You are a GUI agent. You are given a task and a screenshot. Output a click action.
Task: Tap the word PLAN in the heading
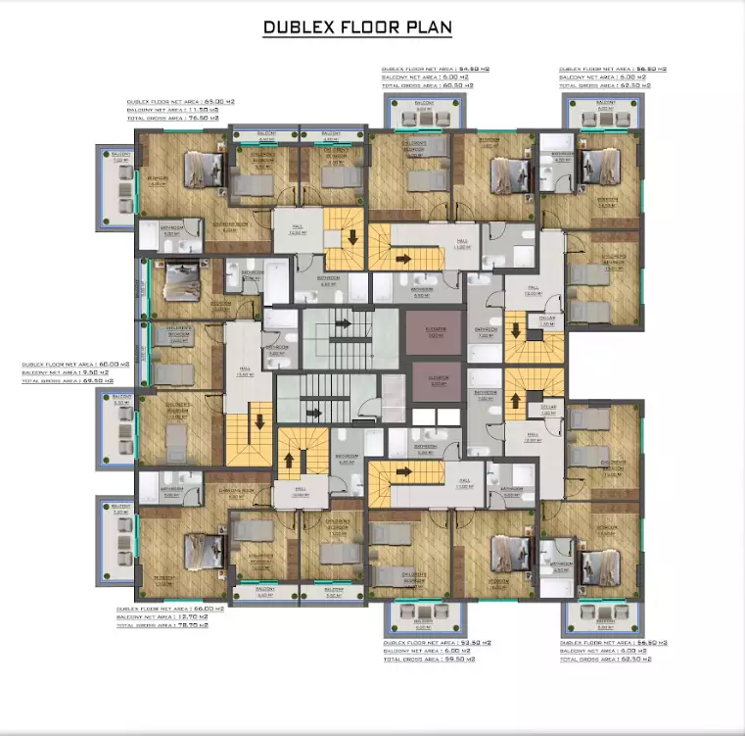428,25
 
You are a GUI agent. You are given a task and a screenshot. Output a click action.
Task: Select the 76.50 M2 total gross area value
202,118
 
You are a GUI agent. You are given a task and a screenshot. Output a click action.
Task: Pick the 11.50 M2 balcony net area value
202,110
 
